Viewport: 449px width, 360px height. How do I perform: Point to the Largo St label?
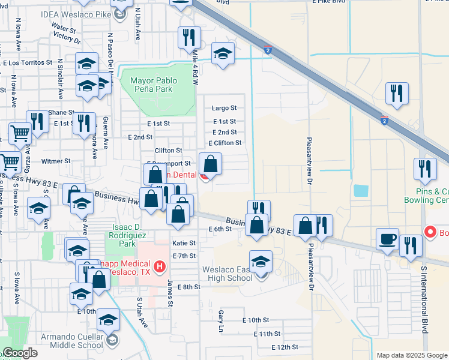(x=224, y=109)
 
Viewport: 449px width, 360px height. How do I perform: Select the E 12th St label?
(x=285, y=347)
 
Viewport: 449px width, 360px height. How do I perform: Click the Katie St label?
(x=184, y=244)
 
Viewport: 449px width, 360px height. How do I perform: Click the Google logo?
(x=20, y=353)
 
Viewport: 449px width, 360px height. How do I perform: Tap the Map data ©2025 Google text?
(x=411, y=355)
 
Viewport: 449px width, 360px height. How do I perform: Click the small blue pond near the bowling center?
(x=361, y=191)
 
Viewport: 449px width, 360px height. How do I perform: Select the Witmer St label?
(x=56, y=161)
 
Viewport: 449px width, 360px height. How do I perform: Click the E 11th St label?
(x=267, y=334)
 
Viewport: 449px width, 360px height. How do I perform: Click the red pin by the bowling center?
(x=430, y=232)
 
